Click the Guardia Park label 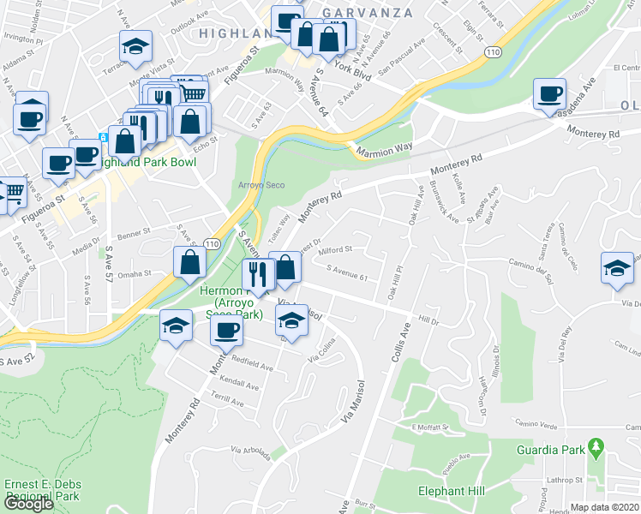pyautogui.click(x=550, y=450)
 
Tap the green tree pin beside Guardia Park pyautogui.click(x=596, y=449)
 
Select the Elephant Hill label pyautogui.click(x=452, y=491)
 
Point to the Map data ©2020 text pyautogui.click(x=606, y=507)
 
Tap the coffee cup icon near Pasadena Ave pyautogui.click(x=548, y=94)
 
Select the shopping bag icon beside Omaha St pyautogui.click(x=189, y=263)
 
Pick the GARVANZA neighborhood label pyautogui.click(x=368, y=14)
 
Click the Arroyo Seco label pyautogui.click(x=261, y=185)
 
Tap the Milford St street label pyautogui.click(x=336, y=250)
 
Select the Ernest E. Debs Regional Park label pyautogui.click(x=40, y=490)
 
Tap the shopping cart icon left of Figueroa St pyautogui.click(x=12, y=194)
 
